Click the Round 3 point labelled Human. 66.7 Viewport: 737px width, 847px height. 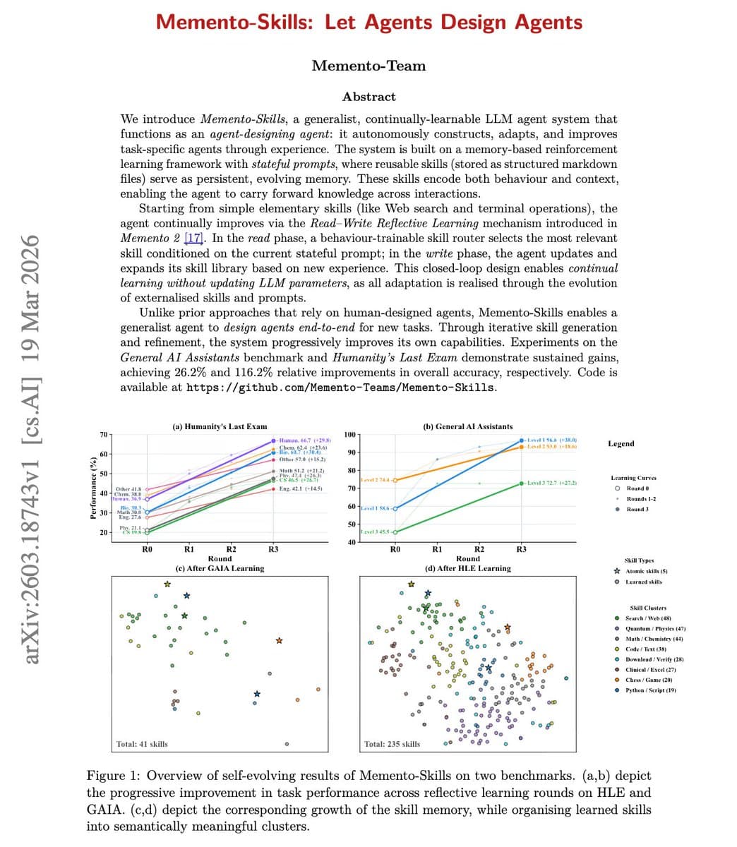[273, 441]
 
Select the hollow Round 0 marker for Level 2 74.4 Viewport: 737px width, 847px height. [395, 480]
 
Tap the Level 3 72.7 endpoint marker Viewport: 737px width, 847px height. [521, 483]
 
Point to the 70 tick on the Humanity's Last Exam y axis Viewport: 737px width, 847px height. [104, 433]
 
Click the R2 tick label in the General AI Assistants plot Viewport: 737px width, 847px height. [479, 548]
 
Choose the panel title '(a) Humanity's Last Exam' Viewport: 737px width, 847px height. [220, 426]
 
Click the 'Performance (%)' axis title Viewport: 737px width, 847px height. [92, 488]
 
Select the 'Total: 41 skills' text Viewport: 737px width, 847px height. [142, 744]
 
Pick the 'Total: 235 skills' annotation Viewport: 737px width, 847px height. [392, 744]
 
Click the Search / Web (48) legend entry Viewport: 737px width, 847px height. [647, 618]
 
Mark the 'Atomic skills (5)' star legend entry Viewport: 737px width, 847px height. [646, 571]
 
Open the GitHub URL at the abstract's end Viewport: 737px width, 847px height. [340, 388]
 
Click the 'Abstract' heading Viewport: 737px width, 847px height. [368, 97]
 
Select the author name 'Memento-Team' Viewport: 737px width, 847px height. [368, 66]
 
